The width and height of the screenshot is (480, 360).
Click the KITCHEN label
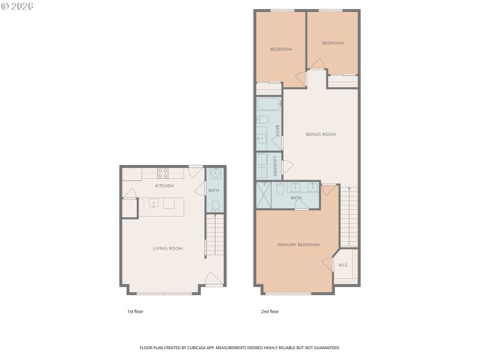(164, 186)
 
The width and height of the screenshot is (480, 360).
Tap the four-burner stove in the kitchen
(163, 173)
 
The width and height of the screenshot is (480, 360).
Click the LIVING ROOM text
(167, 248)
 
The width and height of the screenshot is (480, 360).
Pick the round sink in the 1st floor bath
(215, 175)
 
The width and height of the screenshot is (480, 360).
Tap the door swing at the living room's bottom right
(214, 279)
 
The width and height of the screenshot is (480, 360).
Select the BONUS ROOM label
(320, 134)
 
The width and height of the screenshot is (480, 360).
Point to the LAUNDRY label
(275, 166)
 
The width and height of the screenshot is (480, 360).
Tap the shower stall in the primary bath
(263, 195)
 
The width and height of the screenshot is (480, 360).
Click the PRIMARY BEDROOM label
(298, 245)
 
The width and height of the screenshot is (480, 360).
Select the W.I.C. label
(343, 265)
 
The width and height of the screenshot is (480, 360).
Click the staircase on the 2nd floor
(349, 216)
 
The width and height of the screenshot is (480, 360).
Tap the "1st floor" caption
(135, 311)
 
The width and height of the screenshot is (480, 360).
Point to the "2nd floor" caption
(270, 311)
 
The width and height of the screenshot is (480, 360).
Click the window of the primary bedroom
(288, 293)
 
